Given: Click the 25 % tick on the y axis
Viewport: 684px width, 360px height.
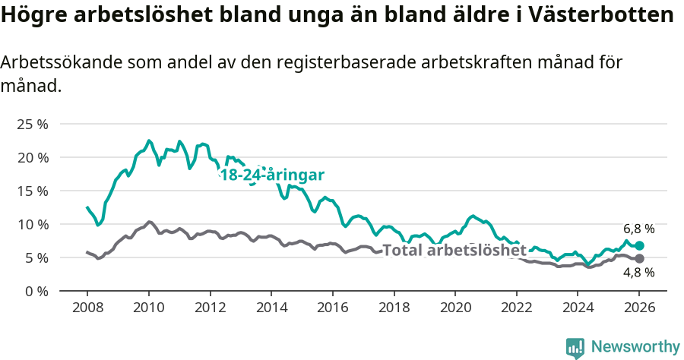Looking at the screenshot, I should pos(33,124).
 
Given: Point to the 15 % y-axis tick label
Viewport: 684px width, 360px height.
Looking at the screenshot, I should pos(33,191).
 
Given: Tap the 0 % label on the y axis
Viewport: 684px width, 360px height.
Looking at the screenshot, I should pos(36,291).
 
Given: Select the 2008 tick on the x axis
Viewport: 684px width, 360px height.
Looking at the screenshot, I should pos(87,309).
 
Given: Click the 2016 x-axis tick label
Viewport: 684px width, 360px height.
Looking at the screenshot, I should pos(332,309).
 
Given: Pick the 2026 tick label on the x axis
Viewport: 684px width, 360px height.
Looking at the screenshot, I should pos(639,309).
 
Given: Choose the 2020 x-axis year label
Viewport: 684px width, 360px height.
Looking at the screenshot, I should pos(455,309).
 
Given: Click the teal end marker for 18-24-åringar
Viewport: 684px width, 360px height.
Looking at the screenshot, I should pos(639,245).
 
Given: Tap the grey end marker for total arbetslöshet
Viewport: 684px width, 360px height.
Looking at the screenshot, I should pos(639,259).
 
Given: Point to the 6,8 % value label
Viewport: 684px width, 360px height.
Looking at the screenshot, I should pos(638,229).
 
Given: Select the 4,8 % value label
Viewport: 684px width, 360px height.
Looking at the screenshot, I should pos(638,273).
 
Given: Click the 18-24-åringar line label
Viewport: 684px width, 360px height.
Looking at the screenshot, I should pos(272,175).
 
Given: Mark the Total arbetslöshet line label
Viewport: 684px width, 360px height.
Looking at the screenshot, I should pos(454,250).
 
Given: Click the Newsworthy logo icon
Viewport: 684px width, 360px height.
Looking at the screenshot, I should pos(575,347).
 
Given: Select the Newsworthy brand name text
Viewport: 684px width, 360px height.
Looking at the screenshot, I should pos(635,347).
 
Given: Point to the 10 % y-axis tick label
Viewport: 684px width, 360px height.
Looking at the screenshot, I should pos(33,224).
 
